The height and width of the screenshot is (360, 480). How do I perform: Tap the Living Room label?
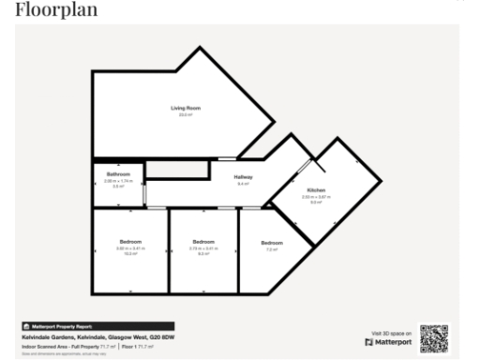coord(185,109)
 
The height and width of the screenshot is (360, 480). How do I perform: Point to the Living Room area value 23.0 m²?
coord(185,114)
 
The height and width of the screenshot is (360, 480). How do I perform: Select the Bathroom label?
coord(118,174)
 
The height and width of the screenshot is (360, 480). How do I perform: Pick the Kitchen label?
coord(311,191)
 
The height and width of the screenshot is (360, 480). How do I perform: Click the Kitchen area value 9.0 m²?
coord(311,202)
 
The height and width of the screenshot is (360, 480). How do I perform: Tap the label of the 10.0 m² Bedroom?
coord(129,243)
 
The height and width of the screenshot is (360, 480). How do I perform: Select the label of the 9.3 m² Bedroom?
coord(203,243)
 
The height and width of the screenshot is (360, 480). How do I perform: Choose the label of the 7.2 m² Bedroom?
coord(272,244)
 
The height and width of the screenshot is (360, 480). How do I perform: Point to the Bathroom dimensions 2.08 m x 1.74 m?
coord(118,181)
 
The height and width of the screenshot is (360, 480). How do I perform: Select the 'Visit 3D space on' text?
coord(392,333)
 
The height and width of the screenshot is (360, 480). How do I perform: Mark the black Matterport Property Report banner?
coord(62,326)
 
